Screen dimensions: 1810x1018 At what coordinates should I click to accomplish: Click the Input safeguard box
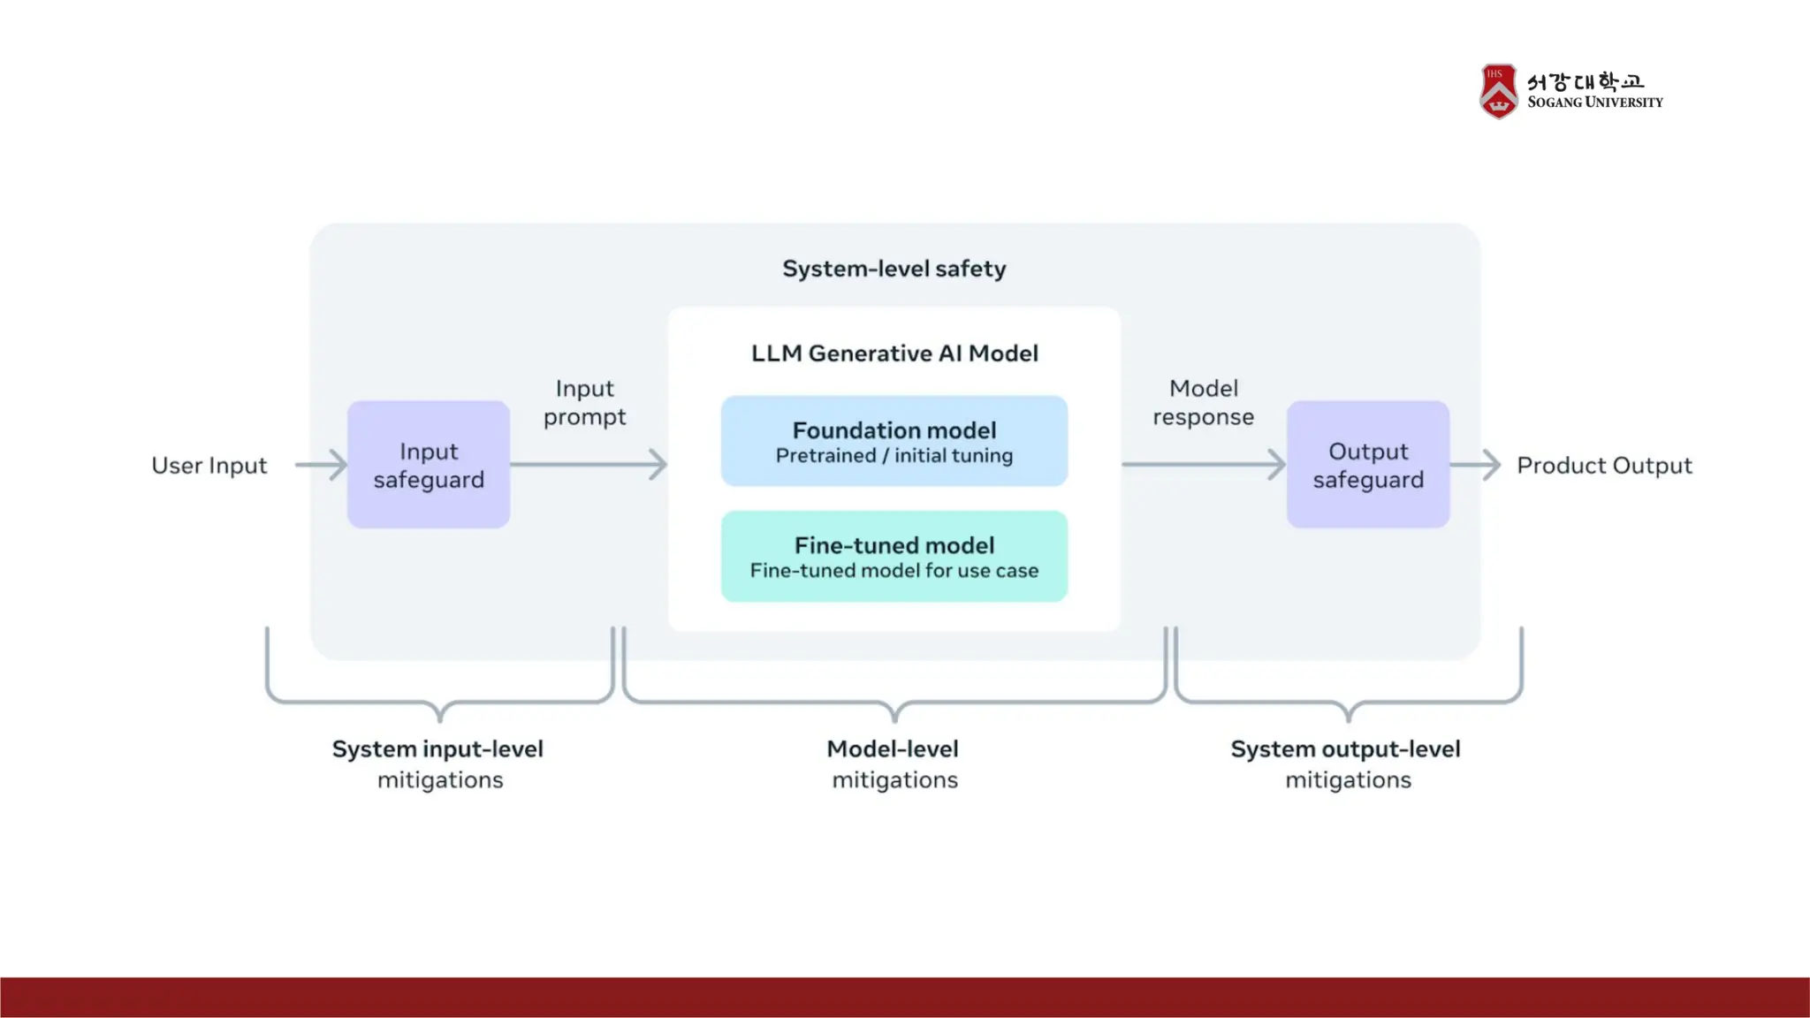tap(429, 465)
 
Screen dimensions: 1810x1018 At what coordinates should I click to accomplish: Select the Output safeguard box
tap(1368, 465)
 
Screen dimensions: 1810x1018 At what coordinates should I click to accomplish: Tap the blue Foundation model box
tap(894, 441)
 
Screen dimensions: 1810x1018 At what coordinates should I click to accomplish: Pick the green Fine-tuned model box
tap(894, 557)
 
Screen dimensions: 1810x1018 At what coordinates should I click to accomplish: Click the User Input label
tap(209, 466)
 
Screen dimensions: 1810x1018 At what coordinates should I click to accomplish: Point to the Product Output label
tap(1604, 466)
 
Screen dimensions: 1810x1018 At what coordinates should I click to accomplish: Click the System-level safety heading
tap(894, 269)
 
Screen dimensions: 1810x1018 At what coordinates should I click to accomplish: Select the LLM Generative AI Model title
tap(894, 353)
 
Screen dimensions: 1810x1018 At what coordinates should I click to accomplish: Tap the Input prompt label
tap(585, 403)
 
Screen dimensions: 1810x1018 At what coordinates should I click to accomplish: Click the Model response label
tap(1204, 403)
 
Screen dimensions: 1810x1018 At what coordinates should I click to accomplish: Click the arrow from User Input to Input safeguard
tap(321, 465)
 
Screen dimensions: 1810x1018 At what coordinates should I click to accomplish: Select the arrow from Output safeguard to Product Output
tap(1475, 465)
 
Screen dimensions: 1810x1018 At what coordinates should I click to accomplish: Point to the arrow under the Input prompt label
tap(589, 465)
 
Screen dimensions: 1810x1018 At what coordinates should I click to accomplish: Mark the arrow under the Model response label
tap(1204, 465)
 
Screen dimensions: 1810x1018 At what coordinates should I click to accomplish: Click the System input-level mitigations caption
tap(438, 764)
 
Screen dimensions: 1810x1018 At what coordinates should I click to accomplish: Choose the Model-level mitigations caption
tap(894, 764)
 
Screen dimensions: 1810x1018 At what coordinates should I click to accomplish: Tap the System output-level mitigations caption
tap(1346, 764)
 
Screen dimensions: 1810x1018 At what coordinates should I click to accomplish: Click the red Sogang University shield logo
tap(1499, 91)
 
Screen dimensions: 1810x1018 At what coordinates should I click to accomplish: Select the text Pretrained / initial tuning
tap(894, 456)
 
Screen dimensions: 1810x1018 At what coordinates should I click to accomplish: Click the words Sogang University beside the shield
tap(1595, 103)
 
